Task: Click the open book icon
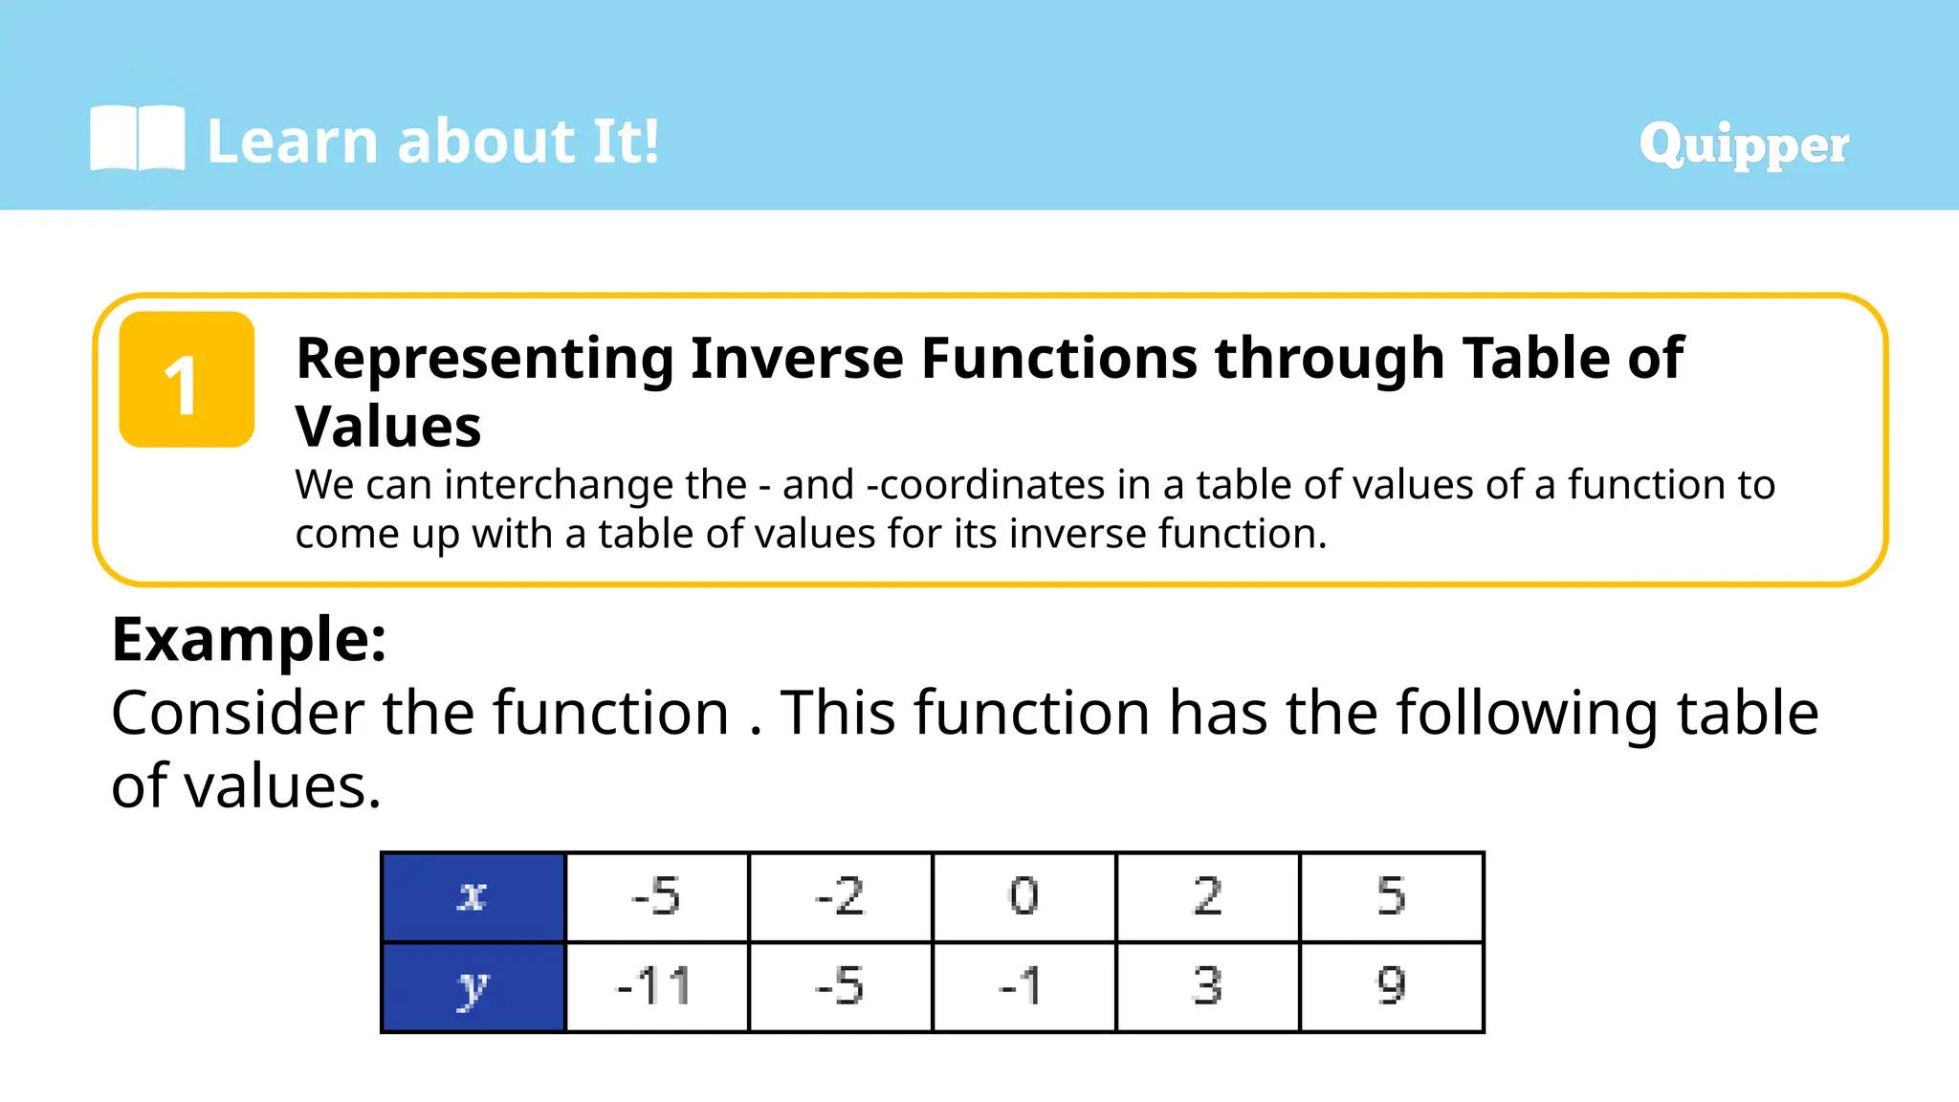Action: click(137, 140)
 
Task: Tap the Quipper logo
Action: click(1743, 144)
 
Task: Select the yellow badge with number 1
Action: click(187, 380)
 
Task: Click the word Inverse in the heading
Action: click(798, 359)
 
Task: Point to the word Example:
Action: click(249, 639)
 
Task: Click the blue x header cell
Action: click(473, 896)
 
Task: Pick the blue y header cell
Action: click(473, 987)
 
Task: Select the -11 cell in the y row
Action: click(656, 987)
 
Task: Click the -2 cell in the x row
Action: click(840, 896)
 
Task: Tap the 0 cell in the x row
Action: click(1024, 896)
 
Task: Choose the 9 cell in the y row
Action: click(1392, 987)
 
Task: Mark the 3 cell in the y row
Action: click(1207, 987)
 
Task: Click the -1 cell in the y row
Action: click(1024, 987)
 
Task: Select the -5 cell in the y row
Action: click(840, 987)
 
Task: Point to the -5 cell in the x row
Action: click(656, 896)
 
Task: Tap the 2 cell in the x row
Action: click(1207, 896)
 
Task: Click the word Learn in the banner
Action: click(293, 142)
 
